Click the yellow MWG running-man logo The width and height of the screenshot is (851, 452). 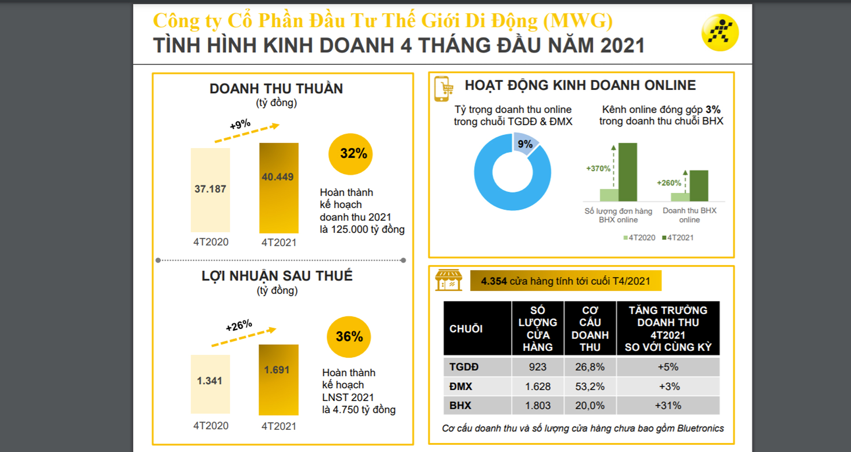pos(720,33)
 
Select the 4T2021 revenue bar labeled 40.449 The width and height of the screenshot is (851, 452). pos(279,188)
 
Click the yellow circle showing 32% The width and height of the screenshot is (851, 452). pos(351,154)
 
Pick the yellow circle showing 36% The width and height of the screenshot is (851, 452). pos(349,337)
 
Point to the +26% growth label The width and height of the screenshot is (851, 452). pos(239,326)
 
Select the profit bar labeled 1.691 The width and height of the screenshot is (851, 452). pos(278,379)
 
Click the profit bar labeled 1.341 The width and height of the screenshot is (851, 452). pos(210,384)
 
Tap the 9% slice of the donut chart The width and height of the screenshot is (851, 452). pos(526,144)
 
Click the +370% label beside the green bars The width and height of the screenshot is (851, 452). pos(598,168)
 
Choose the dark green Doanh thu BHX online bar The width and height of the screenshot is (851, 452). pos(699,186)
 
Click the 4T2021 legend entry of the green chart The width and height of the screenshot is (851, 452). pos(678,238)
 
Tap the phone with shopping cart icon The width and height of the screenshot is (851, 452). pos(443,89)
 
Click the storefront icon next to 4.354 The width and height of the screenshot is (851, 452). pos(449,280)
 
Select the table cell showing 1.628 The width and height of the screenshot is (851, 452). pos(538,386)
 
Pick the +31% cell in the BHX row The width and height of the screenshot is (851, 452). pos(668,405)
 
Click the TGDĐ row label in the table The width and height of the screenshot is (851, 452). pos(464,367)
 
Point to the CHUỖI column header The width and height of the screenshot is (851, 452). pos(466,329)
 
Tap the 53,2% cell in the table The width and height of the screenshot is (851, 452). pos(590,386)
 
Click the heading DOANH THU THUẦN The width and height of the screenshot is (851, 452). pos(276,89)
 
